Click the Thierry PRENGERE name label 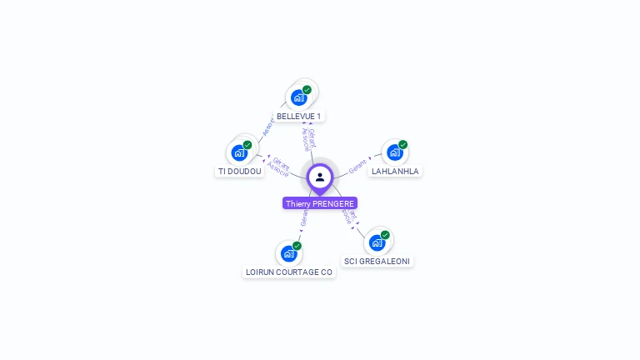pyautogui.click(x=320, y=203)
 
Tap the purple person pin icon pyautogui.click(x=320, y=177)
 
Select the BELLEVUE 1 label pyautogui.click(x=298, y=117)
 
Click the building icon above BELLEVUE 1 pyautogui.click(x=298, y=97)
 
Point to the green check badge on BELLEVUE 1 pyautogui.click(x=307, y=90)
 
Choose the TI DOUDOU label pyautogui.click(x=240, y=172)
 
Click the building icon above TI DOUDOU pyautogui.click(x=239, y=152)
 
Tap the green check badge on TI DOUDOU pyautogui.click(x=247, y=145)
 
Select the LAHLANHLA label pyautogui.click(x=395, y=172)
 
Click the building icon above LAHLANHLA pyautogui.click(x=394, y=152)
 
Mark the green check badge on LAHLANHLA pyautogui.click(x=402, y=145)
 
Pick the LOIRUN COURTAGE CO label pyautogui.click(x=289, y=272)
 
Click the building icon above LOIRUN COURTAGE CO pyautogui.click(x=288, y=253)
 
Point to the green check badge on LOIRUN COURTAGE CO pyautogui.click(x=297, y=246)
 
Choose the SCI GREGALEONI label pyautogui.click(x=377, y=262)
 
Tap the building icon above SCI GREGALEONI pyautogui.click(x=377, y=242)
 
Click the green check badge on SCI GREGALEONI pyautogui.click(x=385, y=235)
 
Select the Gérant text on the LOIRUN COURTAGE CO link pyautogui.click(x=304, y=217)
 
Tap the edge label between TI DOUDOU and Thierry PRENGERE pyautogui.click(x=279, y=166)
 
